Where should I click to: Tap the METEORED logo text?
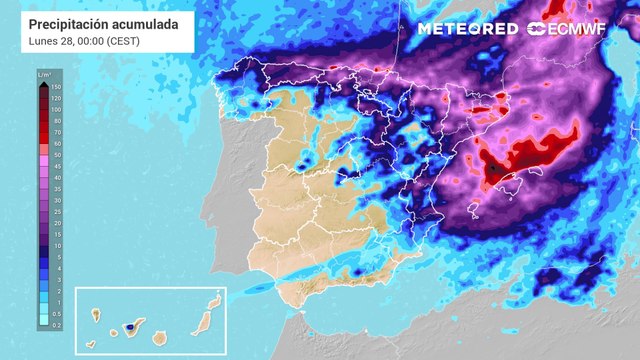point(467,29)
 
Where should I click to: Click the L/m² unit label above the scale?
point(44,74)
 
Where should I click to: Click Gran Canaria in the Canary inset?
point(159,337)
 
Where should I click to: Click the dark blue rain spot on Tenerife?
point(130,326)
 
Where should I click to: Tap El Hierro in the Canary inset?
point(91,344)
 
